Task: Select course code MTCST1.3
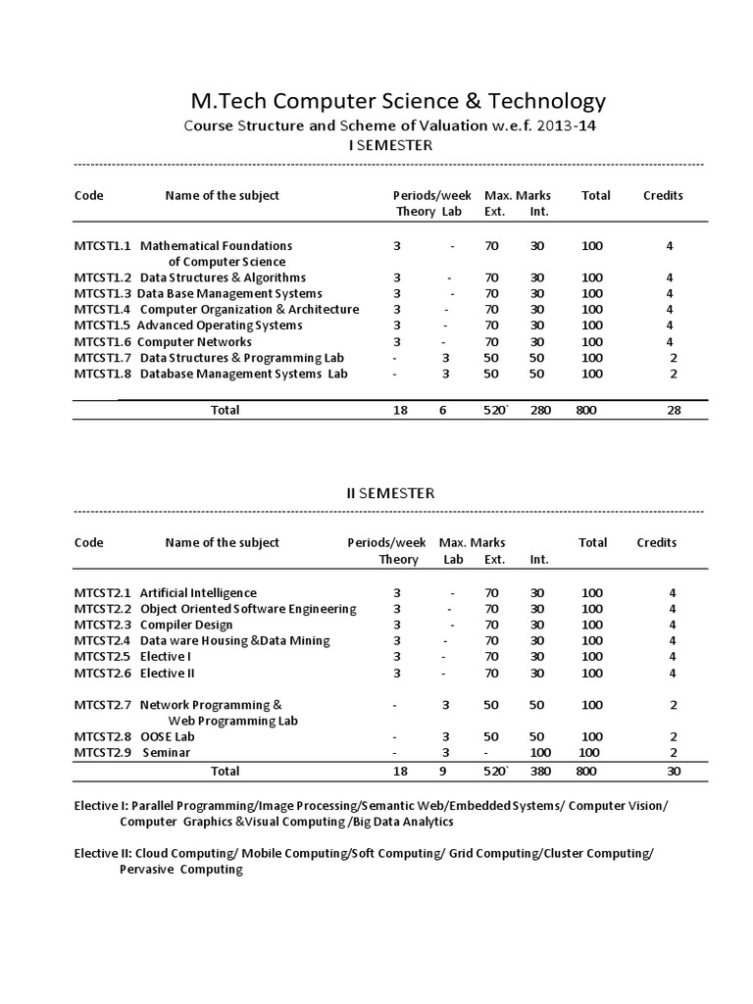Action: tap(103, 293)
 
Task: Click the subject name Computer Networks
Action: tap(194, 341)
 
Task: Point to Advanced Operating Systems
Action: tap(220, 325)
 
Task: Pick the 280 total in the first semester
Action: tap(540, 410)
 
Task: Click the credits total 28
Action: tap(674, 410)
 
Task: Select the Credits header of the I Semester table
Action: tap(663, 195)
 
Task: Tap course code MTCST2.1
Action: tap(103, 592)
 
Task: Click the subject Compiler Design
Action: tap(186, 625)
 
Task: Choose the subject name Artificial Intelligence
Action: tap(198, 592)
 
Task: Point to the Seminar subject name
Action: tap(167, 752)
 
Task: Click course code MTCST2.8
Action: tap(103, 736)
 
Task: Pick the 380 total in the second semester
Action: tap(540, 771)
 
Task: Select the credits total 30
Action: tap(674, 771)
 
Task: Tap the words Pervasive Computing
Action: tap(181, 869)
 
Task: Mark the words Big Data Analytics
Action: tap(404, 821)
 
